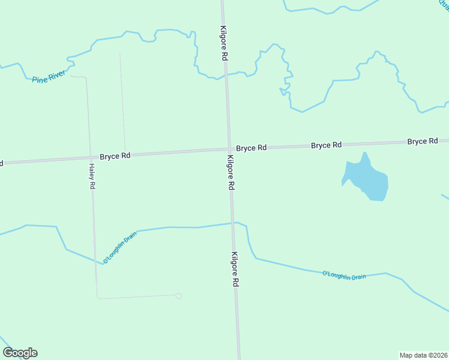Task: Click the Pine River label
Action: pos(49,78)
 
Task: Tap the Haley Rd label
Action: pos(92,177)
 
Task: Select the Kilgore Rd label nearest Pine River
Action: pos(224,43)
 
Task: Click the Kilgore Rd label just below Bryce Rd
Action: pos(230,173)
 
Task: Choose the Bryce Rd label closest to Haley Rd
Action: pos(115,156)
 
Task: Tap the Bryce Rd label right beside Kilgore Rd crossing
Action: pos(251,148)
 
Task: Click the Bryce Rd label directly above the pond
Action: pos(326,145)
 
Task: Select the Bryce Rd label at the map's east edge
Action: pos(423,142)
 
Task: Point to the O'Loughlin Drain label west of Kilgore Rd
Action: pos(120,247)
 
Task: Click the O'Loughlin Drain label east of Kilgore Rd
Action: pos(344,275)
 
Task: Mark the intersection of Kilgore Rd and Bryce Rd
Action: pos(229,149)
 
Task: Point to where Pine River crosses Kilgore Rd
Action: pos(226,76)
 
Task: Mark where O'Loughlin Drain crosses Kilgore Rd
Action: pos(233,223)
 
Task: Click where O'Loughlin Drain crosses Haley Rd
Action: pos(95,261)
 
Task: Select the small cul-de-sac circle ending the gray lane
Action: pos(178,295)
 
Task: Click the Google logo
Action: pos(20,353)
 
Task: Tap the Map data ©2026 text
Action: pos(423,355)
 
